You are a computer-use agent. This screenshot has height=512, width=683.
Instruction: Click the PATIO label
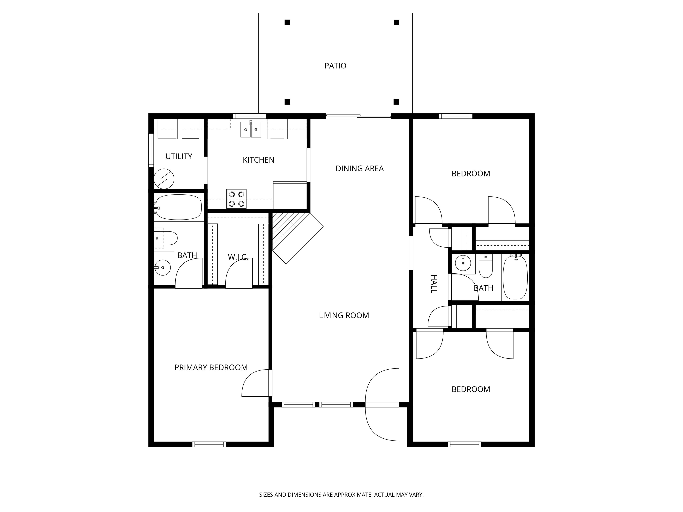click(x=335, y=66)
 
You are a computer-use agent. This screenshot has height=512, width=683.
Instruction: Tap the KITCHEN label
click(x=258, y=160)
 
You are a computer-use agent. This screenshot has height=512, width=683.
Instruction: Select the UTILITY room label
click(x=179, y=156)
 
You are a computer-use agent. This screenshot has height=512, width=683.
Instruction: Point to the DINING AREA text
click(x=360, y=168)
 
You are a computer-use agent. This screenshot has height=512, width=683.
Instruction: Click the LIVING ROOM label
click(x=344, y=315)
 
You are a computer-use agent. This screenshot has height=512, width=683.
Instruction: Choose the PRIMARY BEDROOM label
click(x=211, y=368)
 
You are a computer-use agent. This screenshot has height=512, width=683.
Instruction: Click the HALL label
click(x=434, y=284)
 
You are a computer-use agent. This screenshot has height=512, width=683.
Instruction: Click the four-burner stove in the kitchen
click(x=237, y=199)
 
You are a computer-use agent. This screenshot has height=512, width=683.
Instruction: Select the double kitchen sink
click(x=251, y=129)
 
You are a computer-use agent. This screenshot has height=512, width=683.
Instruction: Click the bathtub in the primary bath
click(x=178, y=207)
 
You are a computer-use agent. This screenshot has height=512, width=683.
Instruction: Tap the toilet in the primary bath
click(x=166, y=238)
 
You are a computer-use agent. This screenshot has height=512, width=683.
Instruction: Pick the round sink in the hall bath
click(x=463, y=263)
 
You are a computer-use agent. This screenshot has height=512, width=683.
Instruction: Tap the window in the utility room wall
click(x=151, y=150)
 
